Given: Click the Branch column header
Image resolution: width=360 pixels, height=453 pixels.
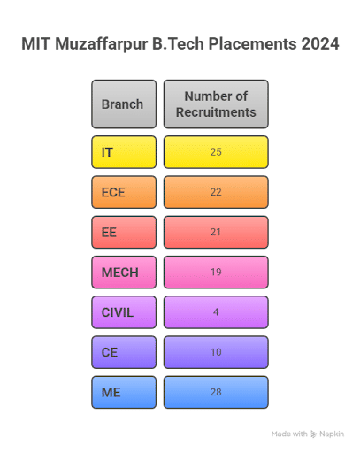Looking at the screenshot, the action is [x=124, y=104].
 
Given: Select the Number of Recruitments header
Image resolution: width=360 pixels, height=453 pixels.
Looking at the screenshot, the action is [x=216, y=104].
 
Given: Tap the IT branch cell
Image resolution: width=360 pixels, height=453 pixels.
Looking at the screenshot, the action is [x=124, y=152].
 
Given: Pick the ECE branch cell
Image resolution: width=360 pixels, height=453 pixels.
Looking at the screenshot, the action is [x=124, y=192].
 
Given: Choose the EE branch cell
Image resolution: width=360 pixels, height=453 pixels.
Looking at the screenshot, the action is [x=124, y=232].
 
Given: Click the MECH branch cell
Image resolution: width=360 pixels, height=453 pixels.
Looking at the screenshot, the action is [x=124, y=273].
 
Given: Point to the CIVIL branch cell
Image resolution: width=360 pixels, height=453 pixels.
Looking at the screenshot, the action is [x=124, y=312].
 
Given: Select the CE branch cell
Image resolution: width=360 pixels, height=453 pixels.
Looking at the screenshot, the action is [x=124, y=352].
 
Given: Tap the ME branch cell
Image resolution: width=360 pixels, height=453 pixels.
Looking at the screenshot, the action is [x=124, y=392].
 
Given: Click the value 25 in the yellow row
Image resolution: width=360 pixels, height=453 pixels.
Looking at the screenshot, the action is [x=216, y=152].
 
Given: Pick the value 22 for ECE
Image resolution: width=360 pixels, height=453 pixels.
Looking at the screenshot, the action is [x=216, y=192].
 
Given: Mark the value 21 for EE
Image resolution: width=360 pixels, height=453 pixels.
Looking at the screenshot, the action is [x=216, y=232].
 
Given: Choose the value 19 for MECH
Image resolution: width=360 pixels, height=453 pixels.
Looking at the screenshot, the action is [x=216, y=272].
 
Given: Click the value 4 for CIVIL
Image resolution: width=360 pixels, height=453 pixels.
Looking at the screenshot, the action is [x=216, y=312].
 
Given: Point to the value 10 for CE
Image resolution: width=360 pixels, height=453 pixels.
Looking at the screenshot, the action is [x=216, y=352].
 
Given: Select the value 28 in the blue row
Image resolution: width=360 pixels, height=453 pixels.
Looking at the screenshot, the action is [x=216, y=392].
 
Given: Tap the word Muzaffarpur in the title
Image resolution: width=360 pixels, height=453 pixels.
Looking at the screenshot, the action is [x=102, y=44].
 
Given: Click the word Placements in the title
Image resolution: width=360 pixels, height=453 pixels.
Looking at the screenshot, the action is [x=253, y=44].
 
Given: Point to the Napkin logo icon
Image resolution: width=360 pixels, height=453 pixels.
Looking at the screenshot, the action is [x=314, y=434].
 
